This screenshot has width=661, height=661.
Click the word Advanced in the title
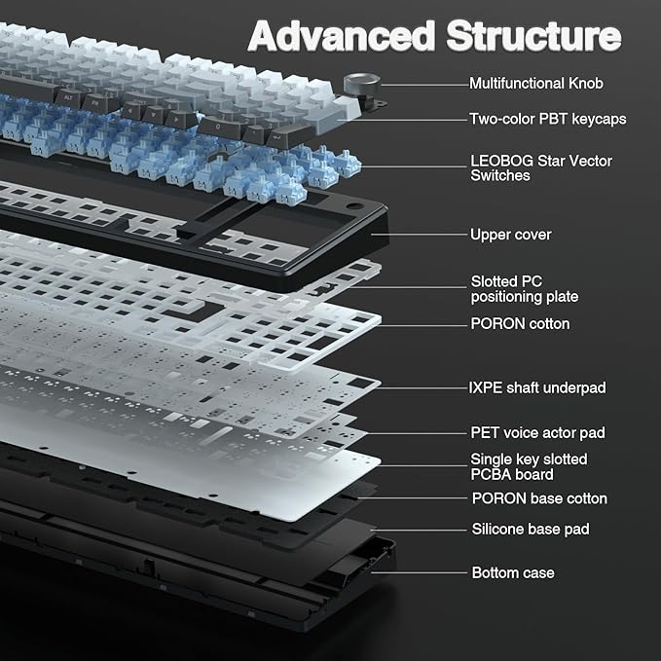pos(342,35)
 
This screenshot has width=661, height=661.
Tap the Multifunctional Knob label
pos(535,84)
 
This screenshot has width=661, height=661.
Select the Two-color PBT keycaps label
pos(548,119)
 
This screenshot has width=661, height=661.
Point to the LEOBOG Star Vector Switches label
pos(541,167)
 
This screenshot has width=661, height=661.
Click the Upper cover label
pos(510,235)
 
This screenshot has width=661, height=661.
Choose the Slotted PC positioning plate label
pos(524,289)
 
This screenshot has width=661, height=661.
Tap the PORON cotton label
pos(520,324)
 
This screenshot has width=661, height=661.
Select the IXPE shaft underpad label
pos(537,387)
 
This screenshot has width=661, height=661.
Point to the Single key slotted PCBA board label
pos(529,466)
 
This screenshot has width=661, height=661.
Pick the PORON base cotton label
pos(539,498)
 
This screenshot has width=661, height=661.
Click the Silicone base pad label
pos(531,530)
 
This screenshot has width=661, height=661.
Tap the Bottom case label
pos(514,572)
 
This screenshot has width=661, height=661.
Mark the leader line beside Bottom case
pos(428,572)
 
